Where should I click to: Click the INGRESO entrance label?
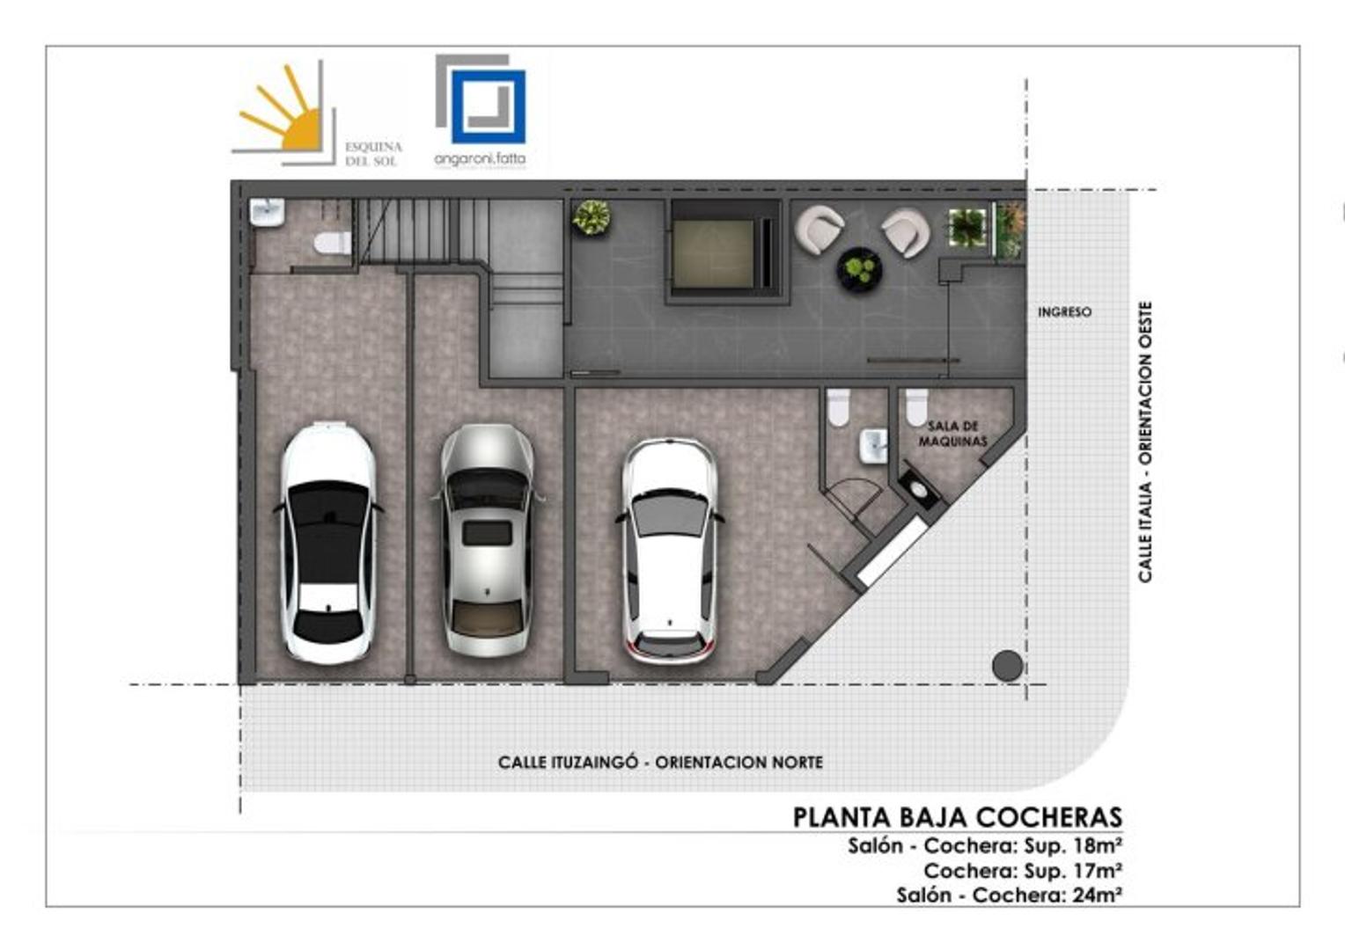click(1064, 311)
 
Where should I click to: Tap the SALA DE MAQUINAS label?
click(952, 434)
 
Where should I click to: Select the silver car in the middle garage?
click(487, 540)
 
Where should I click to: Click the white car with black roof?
click(327, 542)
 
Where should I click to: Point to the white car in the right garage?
click(668, 551)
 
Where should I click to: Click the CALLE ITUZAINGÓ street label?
click(660, 762)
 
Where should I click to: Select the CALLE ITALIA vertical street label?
click(1144, 442)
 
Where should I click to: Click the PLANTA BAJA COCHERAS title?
click(957, 817)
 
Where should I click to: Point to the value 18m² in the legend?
click(1097, 846)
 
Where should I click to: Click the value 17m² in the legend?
click(1097, 871)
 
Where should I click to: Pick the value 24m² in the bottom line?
click(1097, 895)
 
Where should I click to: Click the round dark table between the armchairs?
click(858, 268)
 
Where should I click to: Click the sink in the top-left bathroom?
click(267, 212)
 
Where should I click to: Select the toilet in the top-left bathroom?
click(332, 242)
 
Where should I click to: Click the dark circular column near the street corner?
click(1007, 666)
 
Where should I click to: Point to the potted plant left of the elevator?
click(591, 216)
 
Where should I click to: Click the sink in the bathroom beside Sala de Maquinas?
click(872, 445)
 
